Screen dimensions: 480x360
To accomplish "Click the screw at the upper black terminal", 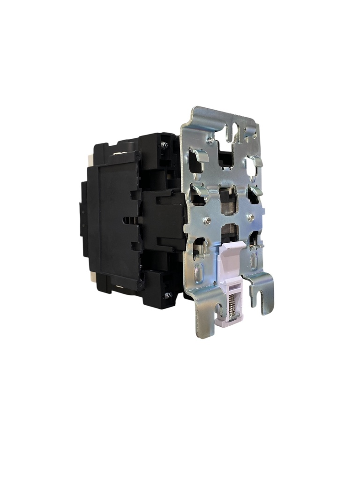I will click(164, 145).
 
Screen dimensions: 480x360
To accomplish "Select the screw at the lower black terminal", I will click(167, 295).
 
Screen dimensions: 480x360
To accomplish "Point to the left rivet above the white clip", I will click(207, 220).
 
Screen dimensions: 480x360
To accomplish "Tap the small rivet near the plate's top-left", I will click(211, 140).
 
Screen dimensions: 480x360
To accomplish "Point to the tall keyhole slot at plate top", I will click(235, 131).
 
